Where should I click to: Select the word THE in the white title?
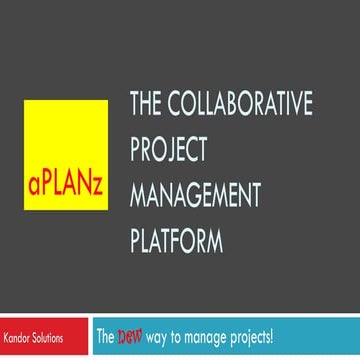(145, 104)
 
